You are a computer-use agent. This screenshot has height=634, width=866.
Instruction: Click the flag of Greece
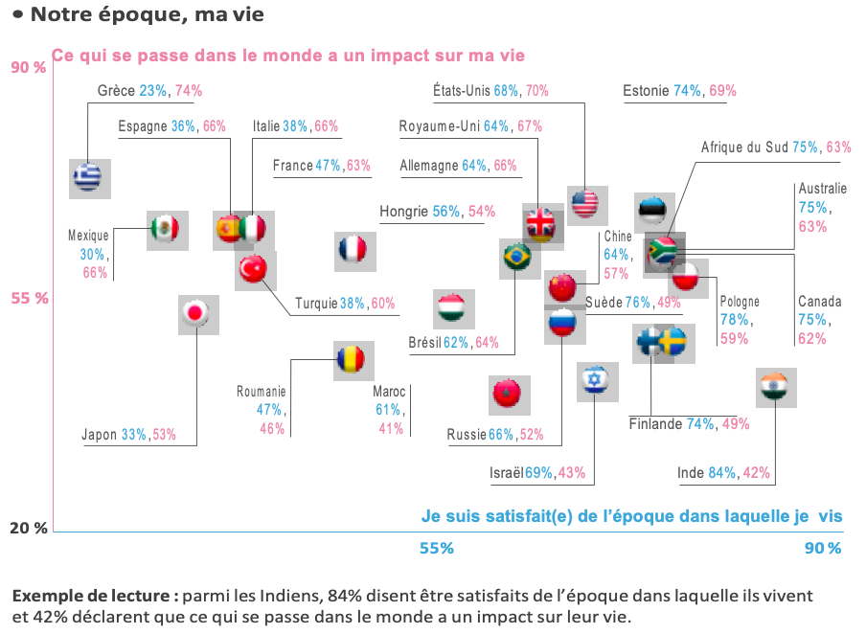click(89, 178)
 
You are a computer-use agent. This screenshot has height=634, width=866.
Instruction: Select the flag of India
click(775, 387)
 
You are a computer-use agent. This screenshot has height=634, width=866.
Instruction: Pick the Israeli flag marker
click(595, 380)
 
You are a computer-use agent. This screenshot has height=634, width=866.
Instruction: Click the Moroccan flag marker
click(507, 393)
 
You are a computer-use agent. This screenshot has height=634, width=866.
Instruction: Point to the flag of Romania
click(350, 360)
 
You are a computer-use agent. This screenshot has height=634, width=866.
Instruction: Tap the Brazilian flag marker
click(518, 257)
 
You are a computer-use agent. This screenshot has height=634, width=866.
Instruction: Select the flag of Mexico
click(166, 229)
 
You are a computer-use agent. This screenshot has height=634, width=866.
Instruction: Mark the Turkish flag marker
click(255, 270)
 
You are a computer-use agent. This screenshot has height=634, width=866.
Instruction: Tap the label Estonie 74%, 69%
click(679, 91)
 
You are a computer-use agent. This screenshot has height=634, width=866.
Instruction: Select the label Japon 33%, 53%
click(129, 435)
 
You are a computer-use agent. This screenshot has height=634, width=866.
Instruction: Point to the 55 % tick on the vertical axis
click(29, 298)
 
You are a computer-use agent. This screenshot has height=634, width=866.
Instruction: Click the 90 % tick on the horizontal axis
click(822, 549)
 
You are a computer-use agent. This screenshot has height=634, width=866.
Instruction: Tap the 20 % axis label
click(29, 528)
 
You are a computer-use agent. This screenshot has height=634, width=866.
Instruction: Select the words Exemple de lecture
click(95, 596)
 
